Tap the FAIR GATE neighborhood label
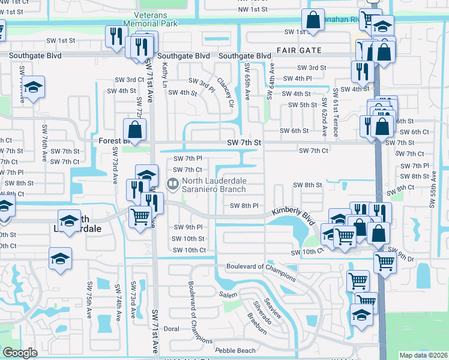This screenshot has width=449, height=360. click(x=300, y=51)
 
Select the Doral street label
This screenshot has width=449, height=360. click(x=171, y=329)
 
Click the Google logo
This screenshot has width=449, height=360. click(x=20, y=353)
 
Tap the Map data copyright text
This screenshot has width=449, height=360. click(x=423, y=355)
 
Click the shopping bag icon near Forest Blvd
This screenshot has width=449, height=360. click(x=135, y=128)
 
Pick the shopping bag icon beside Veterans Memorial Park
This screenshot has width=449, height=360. click(x=313, y=20)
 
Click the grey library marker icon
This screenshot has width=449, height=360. click(x=173, y=185)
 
